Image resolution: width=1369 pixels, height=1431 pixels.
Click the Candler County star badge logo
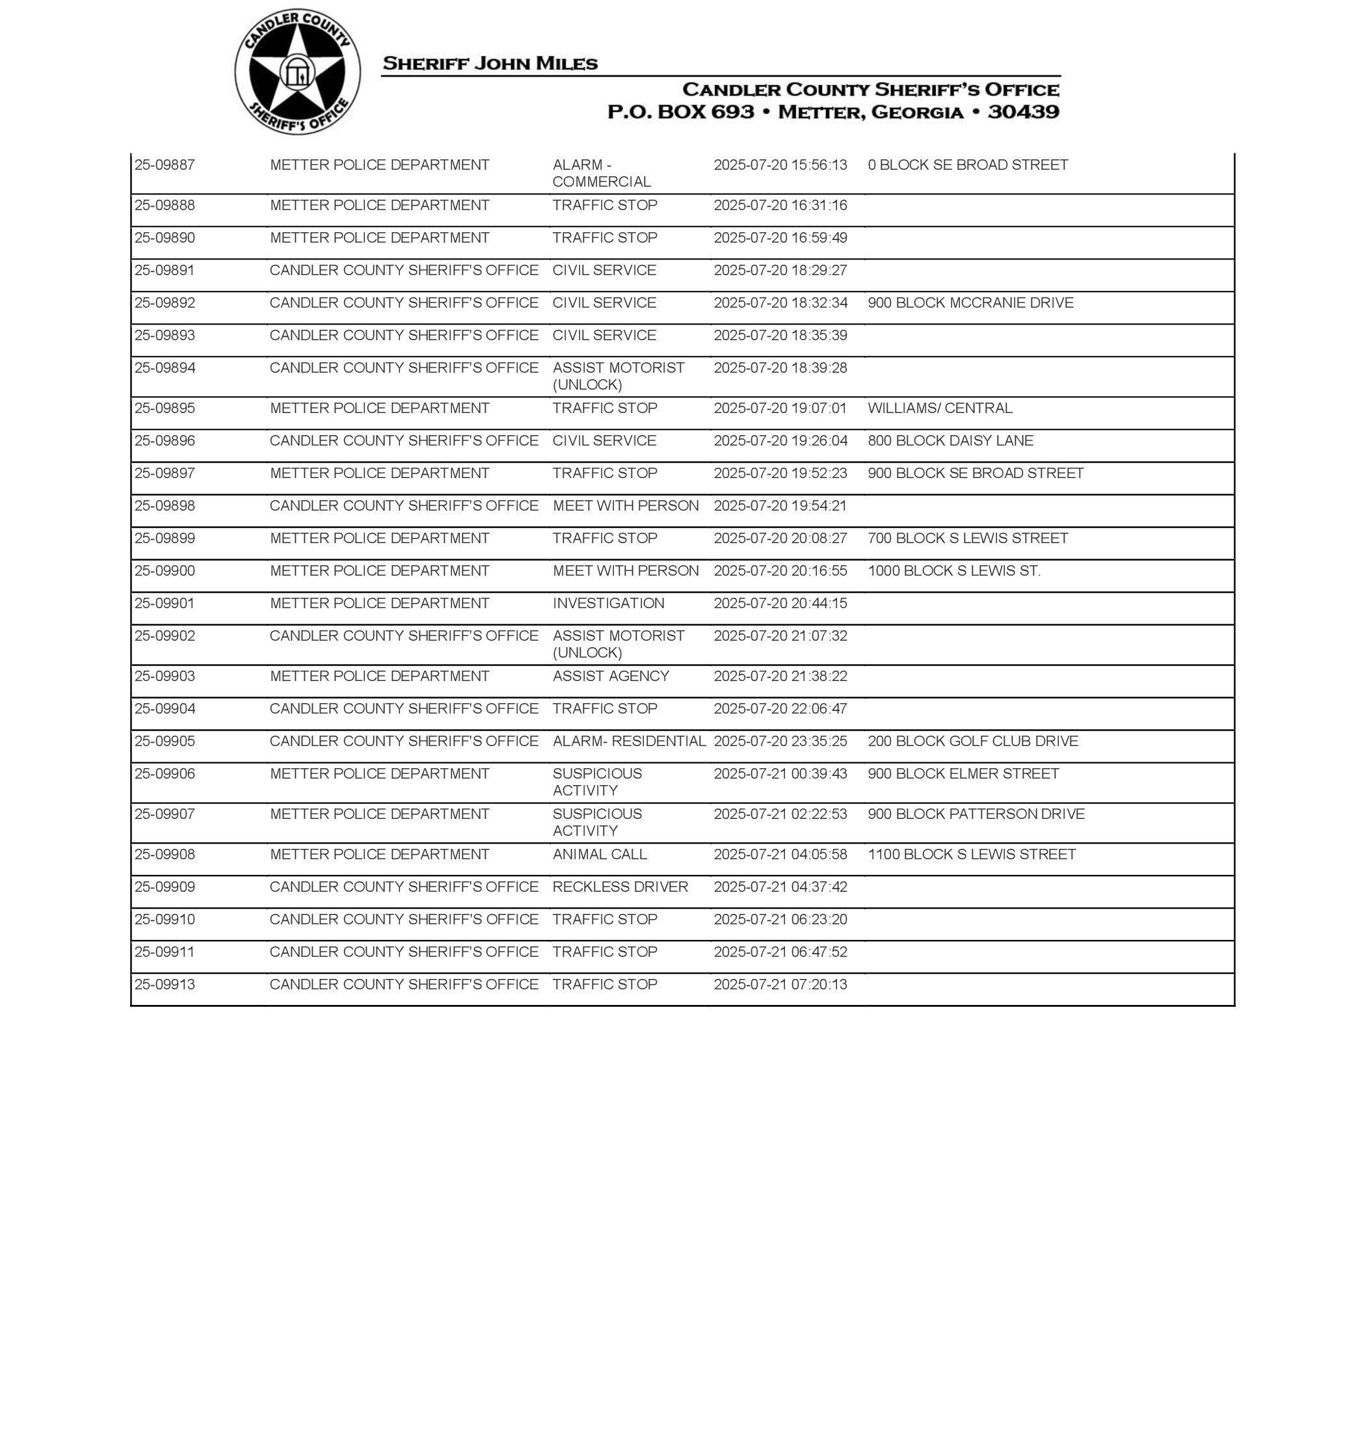pyautogui.click(x=297, y=72)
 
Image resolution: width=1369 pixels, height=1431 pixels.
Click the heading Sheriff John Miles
pyautogui.click(x=490, y=64)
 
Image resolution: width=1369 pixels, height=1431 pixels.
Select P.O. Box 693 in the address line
pyautogui.click(x=680, y=112)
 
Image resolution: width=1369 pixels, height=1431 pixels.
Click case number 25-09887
pyautogui.click(x=165, y=165)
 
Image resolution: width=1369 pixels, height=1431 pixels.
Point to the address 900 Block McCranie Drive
pyautogui.click(x=970, y=303)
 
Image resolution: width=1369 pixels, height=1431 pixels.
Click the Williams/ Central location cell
pyautogui.click(x=939, y=408)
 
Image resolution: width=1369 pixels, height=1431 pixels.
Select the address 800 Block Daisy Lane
pyautogui.click(x=950, y=441)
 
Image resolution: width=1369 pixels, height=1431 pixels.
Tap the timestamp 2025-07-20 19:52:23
pyautogui.click(x=780, y=473)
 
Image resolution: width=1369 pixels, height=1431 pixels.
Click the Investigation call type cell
pyautogui.click(x=608, y=604)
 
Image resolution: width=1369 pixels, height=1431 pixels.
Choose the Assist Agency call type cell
pyautogui.click(x=610, y=676)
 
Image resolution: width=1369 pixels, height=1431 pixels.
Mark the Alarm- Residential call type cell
pyautogui.click(x=629, y=742)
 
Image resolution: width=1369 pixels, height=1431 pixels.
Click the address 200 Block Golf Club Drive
pyautogui.click(x=972, y=742)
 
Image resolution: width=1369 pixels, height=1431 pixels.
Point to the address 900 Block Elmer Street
pyautogui.click(x=963, y=773)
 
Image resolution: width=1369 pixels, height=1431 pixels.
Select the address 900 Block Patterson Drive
pyautogui.click(x=976, y=814)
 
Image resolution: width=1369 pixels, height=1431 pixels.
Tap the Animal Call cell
pyautogui.click(x=599, y=855)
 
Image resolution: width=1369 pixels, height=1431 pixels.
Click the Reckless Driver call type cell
pyautogui.click(x=620, y=887)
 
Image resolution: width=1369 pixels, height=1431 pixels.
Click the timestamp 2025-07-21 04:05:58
pyautogui.click(x=780, y=855)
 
